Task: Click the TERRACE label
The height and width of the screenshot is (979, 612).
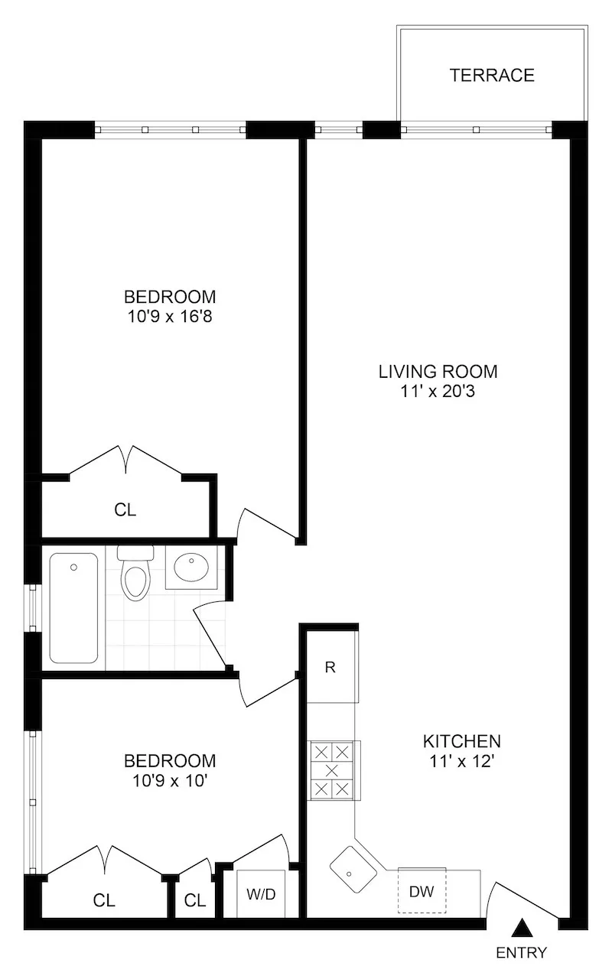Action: pyautogui.click(x=492, y=75)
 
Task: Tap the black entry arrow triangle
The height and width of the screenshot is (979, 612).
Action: pyautogui.click(x=522, y=929)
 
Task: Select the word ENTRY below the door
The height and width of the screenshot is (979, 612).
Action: pyautogui.click(x=522, y=952)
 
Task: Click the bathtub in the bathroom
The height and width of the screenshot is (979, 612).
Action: pyautogui.click(x=73, y=608)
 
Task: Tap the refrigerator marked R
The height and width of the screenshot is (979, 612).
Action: pyautogui.click(x=330, y=667)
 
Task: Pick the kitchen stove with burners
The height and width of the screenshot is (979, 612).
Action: pyautogui.click(x=333, y=769)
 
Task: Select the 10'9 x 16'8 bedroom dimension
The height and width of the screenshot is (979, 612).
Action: pyautogui.click(x=170, y=315)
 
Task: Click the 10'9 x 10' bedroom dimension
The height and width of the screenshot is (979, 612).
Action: pyautogui.click(x=170, y=780)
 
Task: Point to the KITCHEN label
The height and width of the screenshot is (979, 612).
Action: pyautogui.click(x=462, y=740)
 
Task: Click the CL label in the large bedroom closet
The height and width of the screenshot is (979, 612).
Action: pyautogui.click(x=125, y=510)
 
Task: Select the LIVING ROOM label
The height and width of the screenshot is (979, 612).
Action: pyautogui.click(x=438, y=372)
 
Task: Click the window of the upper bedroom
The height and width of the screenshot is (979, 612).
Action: pyautogui.click(x=170, y=130)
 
